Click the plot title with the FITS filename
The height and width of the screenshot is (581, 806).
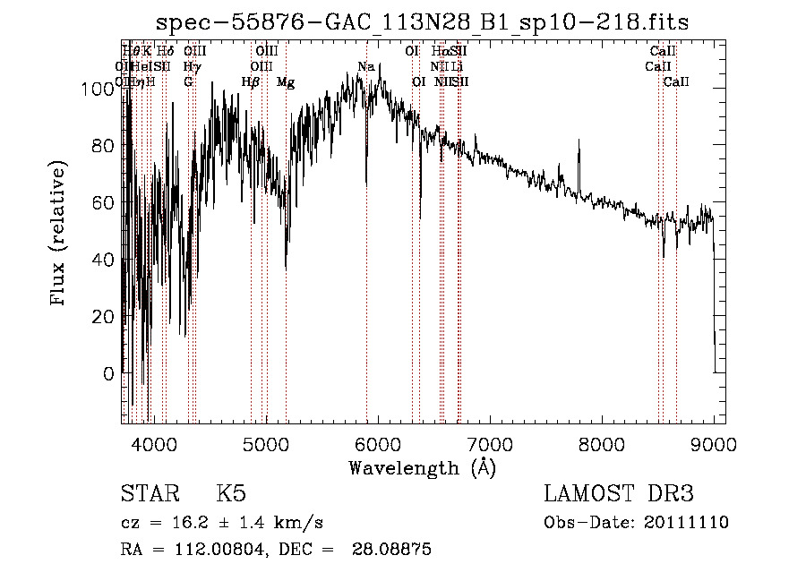(422, 21)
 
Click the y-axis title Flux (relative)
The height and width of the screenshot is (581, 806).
(60, 235)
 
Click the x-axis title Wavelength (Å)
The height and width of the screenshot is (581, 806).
(422, 467)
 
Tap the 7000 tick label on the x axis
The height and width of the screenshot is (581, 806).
(490, 444)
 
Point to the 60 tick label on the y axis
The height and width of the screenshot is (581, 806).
(102, 201)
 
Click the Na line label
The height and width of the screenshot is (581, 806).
(365, 67)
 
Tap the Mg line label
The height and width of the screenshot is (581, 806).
(286, 82)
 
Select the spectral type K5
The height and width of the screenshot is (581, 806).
(230, 494)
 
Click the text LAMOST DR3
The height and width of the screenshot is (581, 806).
(618, 494)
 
